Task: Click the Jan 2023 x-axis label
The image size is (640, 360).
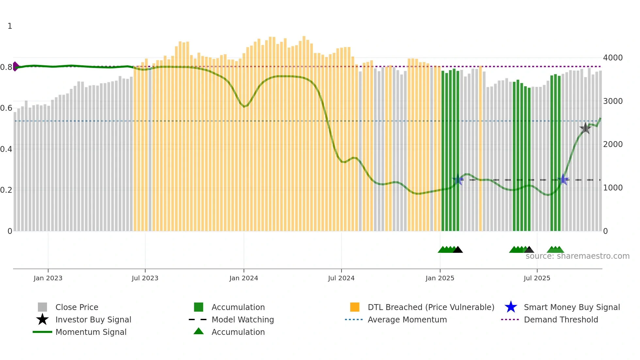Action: pos(48,278)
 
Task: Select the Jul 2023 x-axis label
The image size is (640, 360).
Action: pos(145,278)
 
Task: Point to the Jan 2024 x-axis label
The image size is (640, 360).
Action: pos(244,278)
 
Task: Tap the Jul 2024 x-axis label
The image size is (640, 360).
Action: pos(341,278)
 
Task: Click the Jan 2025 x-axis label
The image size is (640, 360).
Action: pos(440,278)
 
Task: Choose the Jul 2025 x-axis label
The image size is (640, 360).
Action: pos(537,278)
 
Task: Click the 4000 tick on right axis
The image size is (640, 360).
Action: pos(613,58)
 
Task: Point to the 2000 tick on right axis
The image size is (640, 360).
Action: pos(613,144)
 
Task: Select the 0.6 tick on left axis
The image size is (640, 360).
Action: pos(6,108)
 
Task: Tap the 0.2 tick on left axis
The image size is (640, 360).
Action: pos(6,190)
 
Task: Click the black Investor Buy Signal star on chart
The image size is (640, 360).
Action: pos(585,128)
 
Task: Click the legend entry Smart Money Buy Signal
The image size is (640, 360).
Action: pos(571,307)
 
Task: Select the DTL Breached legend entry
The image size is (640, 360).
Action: pos(431,307)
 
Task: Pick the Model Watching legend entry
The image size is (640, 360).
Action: pos(242,319)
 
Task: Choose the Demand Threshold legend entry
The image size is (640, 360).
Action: pos(561,319)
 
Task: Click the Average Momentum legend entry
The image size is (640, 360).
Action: pos(407,319)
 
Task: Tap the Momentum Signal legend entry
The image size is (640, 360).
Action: pos(91,332)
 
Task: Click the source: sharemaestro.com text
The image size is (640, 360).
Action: pos(577,256)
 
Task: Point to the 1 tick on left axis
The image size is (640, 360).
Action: pos(10,26)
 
